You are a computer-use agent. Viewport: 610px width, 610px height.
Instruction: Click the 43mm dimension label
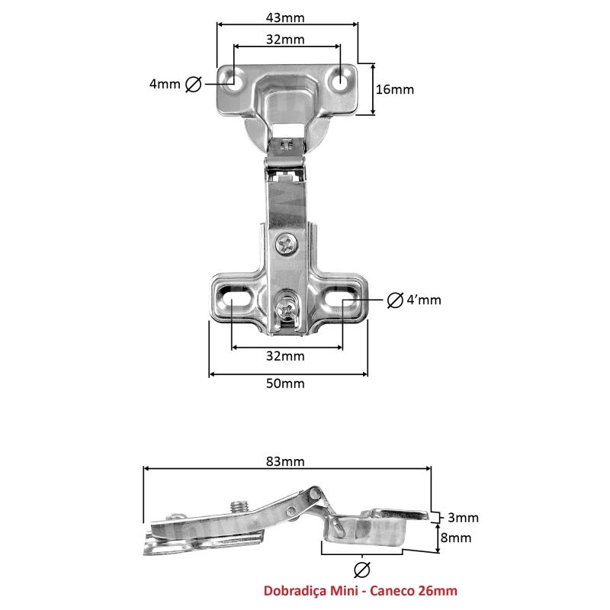[285, 18]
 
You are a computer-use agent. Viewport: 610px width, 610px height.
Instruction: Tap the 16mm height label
[394, 89]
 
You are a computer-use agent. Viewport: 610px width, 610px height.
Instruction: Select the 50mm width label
[285, 384]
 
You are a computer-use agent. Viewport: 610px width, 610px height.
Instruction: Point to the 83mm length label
[285, 461]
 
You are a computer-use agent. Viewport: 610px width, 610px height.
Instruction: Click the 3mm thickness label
[463, 518]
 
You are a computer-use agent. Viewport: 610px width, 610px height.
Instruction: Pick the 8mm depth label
[456, 538]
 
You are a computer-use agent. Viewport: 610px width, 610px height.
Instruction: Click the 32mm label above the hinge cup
[285, 40]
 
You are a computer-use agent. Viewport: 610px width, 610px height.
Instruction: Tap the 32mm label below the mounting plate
[285, 356]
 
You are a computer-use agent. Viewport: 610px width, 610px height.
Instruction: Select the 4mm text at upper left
[165, 84]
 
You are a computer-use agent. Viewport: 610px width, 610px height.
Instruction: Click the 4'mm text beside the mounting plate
[424, 300]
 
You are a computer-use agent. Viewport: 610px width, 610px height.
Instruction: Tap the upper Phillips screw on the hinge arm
[287, 245]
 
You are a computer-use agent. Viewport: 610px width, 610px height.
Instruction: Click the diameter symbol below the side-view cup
[362, 570]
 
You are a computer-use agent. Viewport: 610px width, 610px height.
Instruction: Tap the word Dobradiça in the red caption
[295, 590]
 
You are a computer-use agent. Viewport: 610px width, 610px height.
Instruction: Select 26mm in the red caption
[438, 590]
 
